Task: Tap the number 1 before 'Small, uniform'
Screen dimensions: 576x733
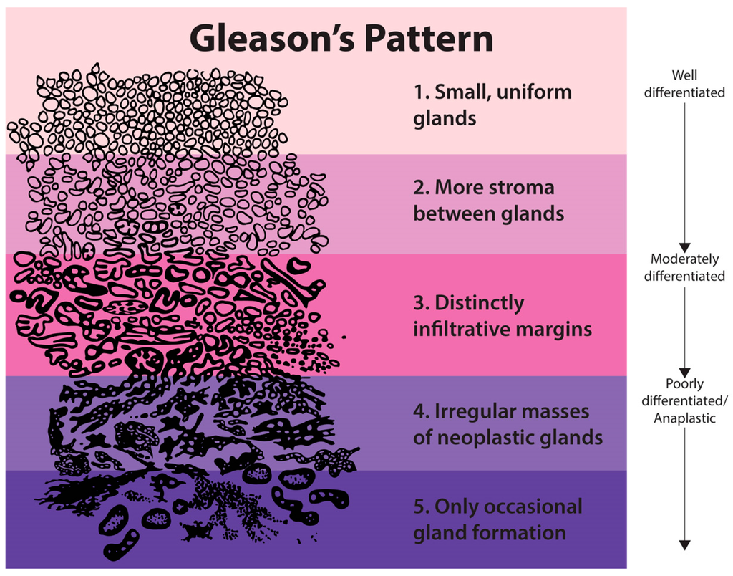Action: click(x=419, y=92)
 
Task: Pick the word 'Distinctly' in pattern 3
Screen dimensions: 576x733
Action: click(x=479, y=303)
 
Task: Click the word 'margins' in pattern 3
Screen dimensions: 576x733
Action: click(x=559, y=330)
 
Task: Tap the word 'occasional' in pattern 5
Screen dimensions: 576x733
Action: click(x=533, y=507)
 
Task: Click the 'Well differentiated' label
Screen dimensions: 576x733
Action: click(x=684, y=83)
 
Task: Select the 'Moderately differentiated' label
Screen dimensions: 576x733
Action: click(x=684, y=267)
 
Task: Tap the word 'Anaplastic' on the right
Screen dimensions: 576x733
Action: click(x=684, y=417)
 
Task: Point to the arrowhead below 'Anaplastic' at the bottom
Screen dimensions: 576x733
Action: click(x=684, y=545)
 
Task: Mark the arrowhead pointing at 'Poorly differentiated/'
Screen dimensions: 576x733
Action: click(x=684, y=369)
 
